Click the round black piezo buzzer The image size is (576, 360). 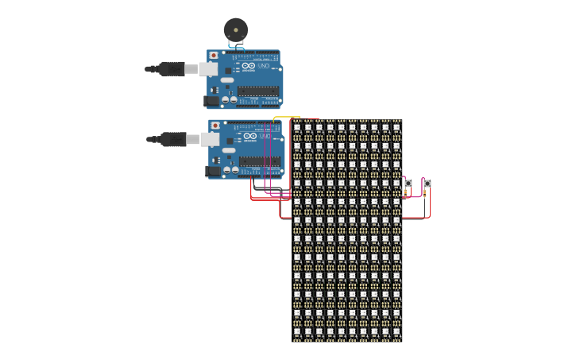point(234,29)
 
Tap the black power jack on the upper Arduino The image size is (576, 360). point(211,101)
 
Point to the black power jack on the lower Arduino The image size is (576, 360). point(212,171)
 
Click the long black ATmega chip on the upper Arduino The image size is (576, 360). point(259,91)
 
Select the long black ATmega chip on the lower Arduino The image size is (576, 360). point(260,161)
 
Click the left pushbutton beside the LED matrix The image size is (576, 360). point(408,184)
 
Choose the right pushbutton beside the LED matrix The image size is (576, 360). point(427,184)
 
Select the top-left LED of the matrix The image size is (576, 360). point(298,127)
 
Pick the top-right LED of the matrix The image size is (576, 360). point(396,127)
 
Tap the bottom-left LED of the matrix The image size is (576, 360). point(298,331)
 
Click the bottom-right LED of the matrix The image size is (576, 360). point(396,331)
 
